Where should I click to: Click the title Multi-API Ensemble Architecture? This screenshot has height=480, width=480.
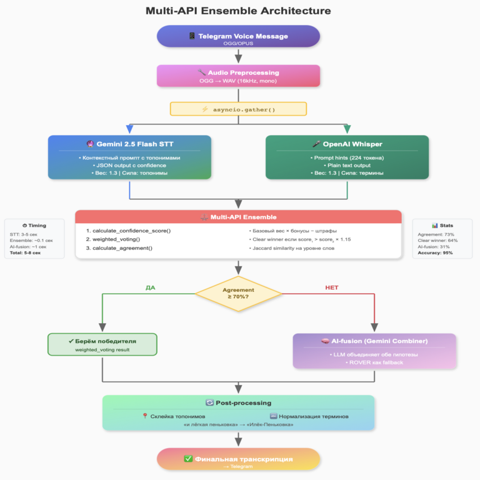[238, 11]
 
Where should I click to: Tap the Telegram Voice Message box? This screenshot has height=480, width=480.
[238, 36]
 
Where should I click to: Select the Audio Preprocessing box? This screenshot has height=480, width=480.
[238, 76]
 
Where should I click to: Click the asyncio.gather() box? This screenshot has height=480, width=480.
[238, 109]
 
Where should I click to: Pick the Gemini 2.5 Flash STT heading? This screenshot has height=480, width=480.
[129, 144]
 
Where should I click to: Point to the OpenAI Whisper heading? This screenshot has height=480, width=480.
[347, 144]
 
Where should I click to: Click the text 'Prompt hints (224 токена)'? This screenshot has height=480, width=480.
[347, 157]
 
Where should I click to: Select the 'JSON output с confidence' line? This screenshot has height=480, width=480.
[129, 165]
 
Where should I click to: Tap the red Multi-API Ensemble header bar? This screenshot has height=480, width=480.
[238, 217]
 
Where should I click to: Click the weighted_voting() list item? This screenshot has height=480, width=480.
[116, 239]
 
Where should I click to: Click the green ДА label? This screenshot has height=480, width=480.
[151, 287]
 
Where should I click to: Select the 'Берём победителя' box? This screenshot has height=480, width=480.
[102, 344]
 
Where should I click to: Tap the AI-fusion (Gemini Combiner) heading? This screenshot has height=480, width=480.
[374, 341]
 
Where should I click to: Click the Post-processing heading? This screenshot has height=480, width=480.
[238, 403]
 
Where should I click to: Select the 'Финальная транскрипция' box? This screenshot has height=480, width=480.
[238, 459]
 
